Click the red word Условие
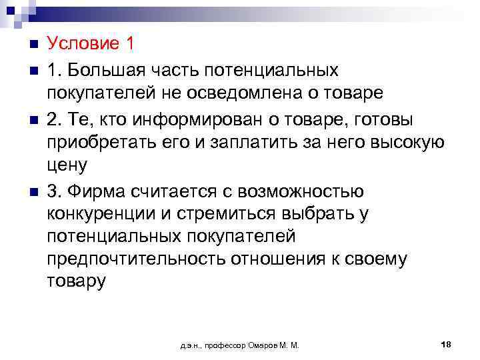[x=81, y=45]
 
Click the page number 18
[x=446, y=344]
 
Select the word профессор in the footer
[x=223, y=345]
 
